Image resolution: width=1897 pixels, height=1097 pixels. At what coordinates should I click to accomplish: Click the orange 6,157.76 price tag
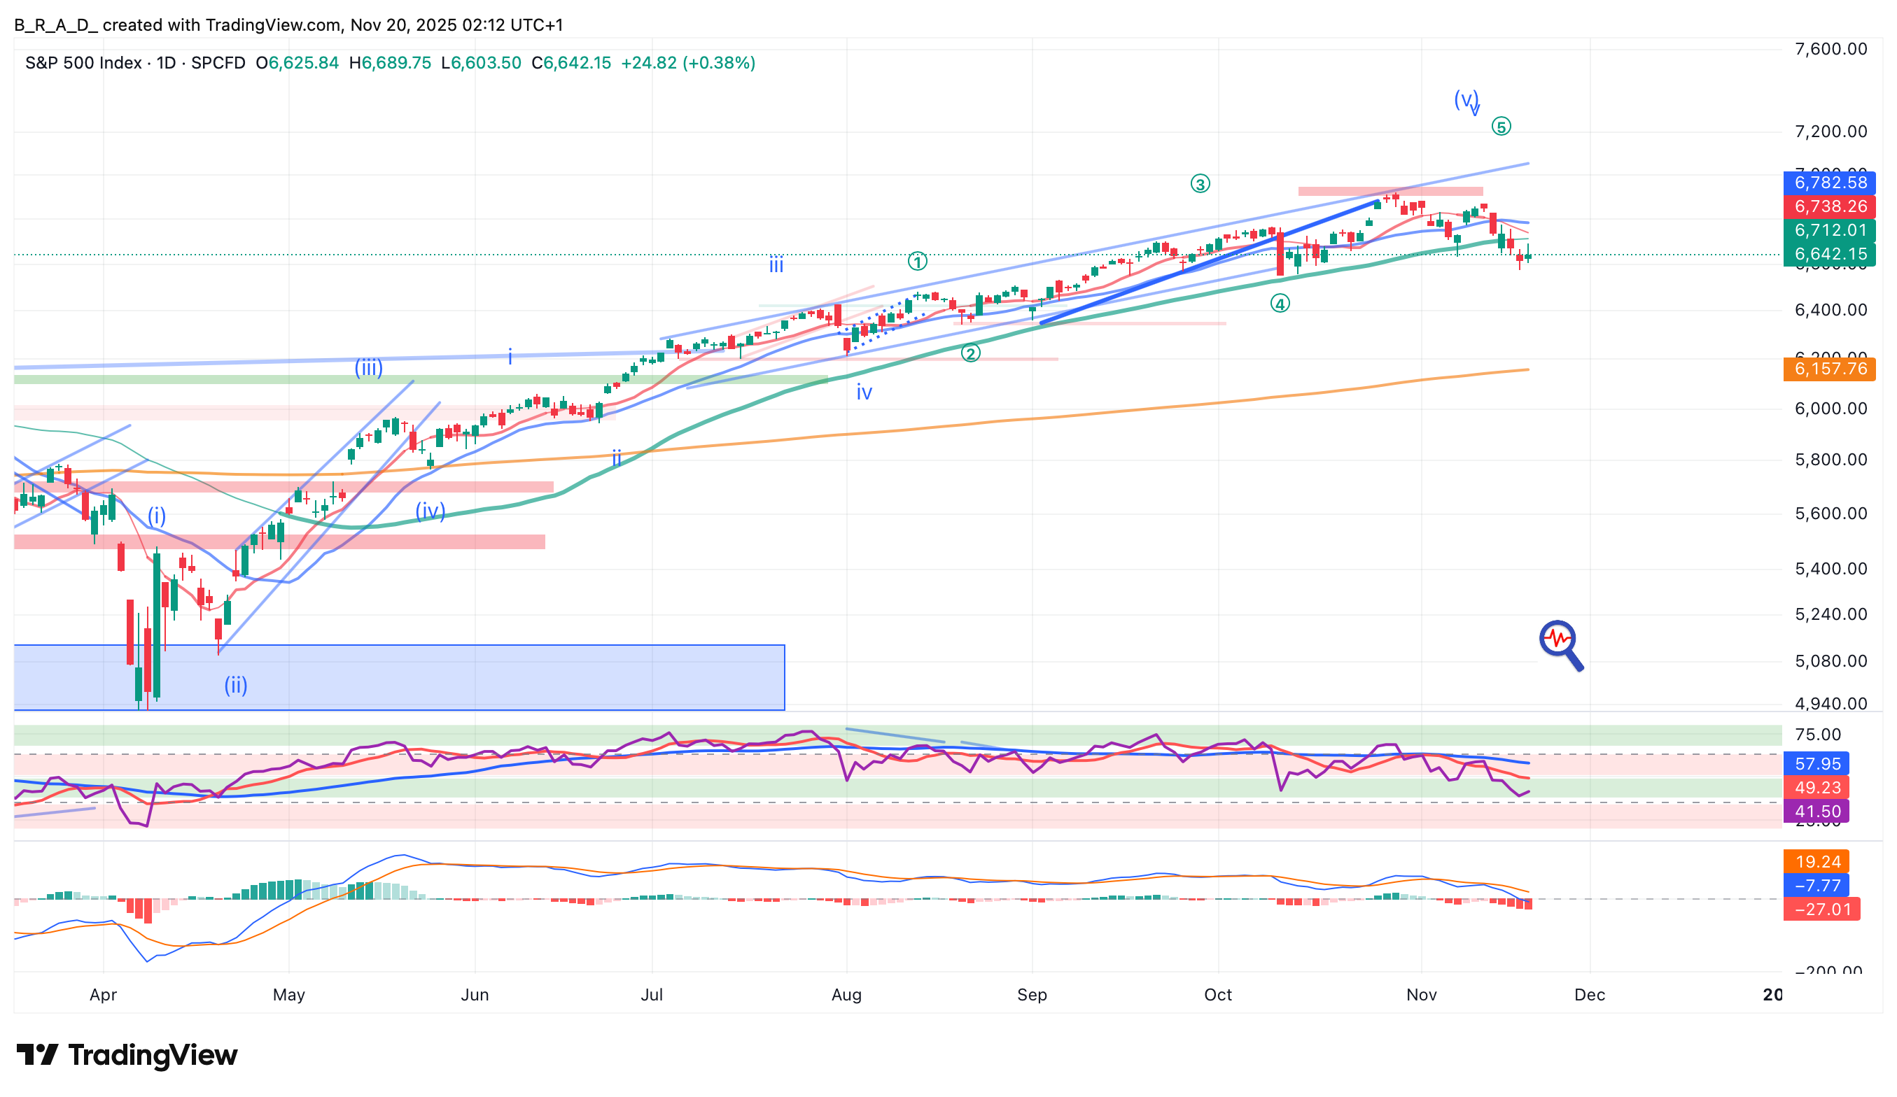pyautogui.click(x=1828, y=369)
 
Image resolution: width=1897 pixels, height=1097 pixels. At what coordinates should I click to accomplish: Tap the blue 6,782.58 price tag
pyautogui.click(x=1828, y=182)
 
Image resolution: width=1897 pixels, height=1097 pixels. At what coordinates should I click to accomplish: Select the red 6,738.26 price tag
pyautogui.click(x=1828, y=206)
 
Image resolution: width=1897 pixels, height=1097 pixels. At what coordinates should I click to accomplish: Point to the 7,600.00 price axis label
pyautogui.click(x=1830, y=49)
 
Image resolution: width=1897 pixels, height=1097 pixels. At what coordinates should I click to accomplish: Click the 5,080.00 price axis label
pyautogui.click(x=1830, y=660)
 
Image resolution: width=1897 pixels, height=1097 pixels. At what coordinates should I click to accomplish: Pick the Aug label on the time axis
pyautogui.click(x=846, y=995)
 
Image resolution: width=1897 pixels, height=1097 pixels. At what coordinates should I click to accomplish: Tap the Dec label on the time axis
pyautogui.click(x=1589, y=995)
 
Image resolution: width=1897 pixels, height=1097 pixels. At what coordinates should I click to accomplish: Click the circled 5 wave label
pyautogui.click(x=1500, y=127)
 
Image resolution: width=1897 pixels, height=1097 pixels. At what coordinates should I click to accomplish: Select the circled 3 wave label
pyautogui.click(x=1199, y=183)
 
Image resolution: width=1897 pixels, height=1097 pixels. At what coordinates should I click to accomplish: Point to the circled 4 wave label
pyautogui.click(x=1280, y=303)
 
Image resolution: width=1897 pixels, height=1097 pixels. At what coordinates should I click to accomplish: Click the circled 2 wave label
pyautogui.click(x=970, y=353)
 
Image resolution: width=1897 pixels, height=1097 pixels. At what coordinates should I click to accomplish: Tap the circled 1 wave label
pyautogui.click(x=917, y=261)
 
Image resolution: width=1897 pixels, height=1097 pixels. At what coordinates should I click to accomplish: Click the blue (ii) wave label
pyautogui.click(x=236, y=685)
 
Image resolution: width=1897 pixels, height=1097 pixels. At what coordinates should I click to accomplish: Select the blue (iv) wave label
pyautogui.click(x=430, y=511)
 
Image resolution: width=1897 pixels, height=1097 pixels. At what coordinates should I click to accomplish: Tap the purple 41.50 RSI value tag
pyautogui.click(x=1816, y=811)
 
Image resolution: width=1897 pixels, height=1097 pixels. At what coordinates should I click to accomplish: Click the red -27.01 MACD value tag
pyautogui.click(x=1821, y=909)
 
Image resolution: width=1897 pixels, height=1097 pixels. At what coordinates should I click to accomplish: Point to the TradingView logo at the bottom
pyautogui.click(x=127, y=1055)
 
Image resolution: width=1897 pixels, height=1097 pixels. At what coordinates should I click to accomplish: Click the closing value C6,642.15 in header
pyautogui.click(x=570, y=62)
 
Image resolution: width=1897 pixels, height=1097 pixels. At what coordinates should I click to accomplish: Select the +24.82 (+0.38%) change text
pyautogui.click(x=687, y=62)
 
